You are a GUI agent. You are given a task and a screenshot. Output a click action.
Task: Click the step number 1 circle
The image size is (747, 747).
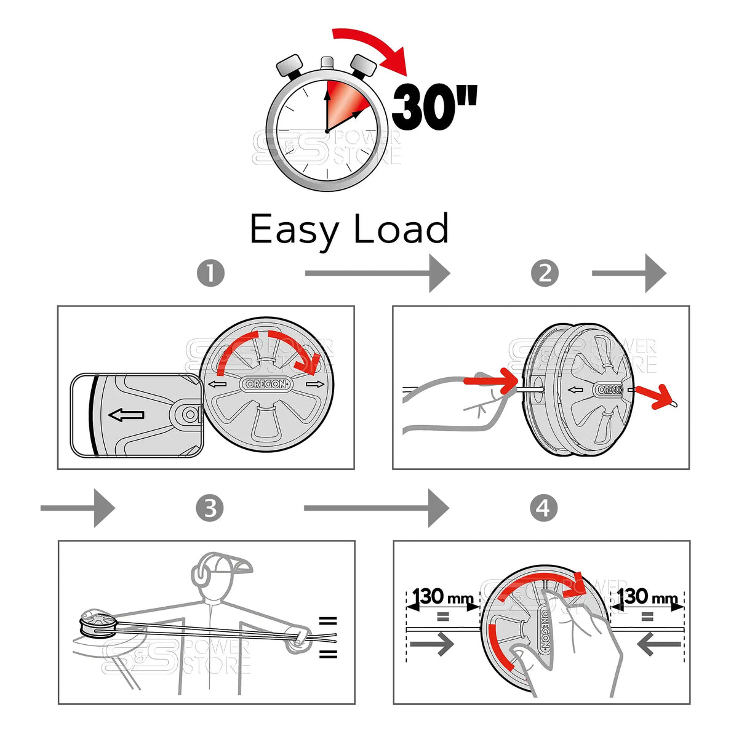210,273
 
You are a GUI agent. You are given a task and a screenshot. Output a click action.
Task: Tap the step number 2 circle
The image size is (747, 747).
545,273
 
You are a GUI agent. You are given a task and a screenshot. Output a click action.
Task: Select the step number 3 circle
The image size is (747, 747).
210,509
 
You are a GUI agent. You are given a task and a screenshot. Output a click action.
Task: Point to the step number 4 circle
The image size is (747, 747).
543,509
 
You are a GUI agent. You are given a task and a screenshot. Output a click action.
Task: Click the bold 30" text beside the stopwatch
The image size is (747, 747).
433,107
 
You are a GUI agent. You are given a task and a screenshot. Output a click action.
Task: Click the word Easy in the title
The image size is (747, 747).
294,230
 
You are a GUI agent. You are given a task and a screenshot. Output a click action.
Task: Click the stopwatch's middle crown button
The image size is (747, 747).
327,63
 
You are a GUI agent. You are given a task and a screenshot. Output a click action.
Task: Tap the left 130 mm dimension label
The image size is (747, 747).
443,596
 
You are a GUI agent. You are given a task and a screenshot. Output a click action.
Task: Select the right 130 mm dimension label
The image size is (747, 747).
647,596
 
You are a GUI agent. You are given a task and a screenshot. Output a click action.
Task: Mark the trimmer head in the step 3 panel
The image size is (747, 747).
97,625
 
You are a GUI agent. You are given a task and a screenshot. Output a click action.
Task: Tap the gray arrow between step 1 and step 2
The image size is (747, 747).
377,273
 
